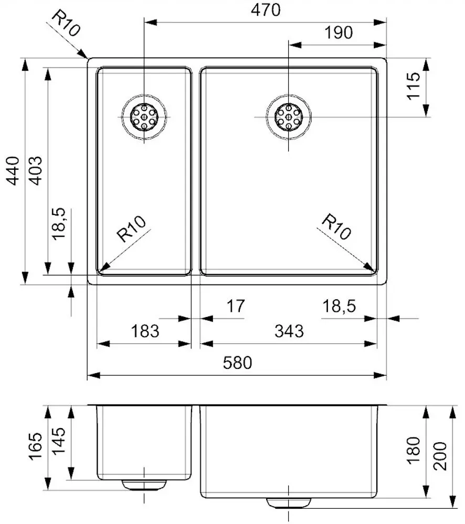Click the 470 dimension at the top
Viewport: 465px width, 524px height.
click(x=266, y=9)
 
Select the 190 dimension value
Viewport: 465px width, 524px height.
click(x=338, y=32)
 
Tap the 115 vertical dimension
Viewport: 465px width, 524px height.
click(x=414, y=86)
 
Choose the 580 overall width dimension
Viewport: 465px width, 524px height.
click(x=237, y=363)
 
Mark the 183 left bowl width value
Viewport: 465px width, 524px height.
click(x=144, y=331)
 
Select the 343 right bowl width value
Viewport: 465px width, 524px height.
click(x=289, y=331)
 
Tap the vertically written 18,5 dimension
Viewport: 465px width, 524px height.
click(x=59, y=224)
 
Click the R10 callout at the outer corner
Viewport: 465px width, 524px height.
click(x=66, y=24)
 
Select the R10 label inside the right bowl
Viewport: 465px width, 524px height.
click(x=335, y=226)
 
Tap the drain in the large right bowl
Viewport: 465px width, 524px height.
click(x=288, y=116)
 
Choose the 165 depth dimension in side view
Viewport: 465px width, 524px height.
click(x=36, y=446)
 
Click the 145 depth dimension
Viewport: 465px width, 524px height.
click(x=59, y=441)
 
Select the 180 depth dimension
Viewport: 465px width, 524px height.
click(x=414, y=450)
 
